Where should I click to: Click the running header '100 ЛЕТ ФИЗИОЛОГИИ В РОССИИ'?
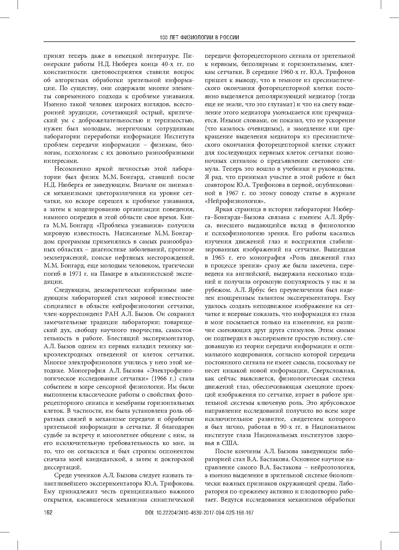point(199,38)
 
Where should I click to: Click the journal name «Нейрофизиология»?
point(235,201)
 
